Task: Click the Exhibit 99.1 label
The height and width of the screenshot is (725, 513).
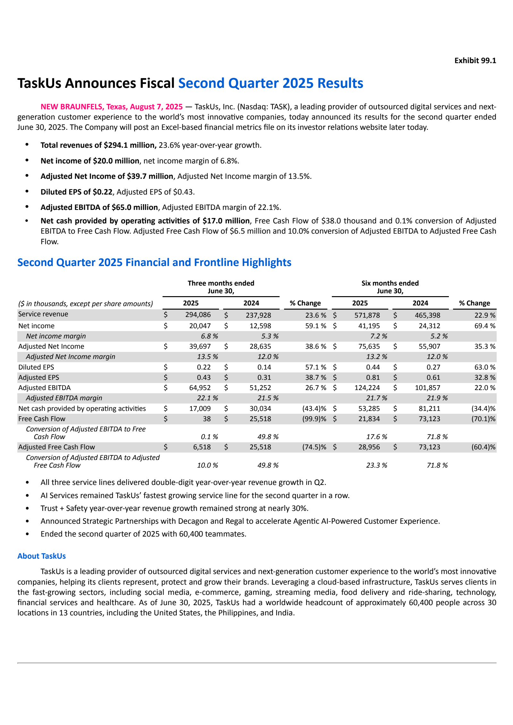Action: pos(475,61)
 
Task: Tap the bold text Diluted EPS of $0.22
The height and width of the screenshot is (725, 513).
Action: pos(76,192)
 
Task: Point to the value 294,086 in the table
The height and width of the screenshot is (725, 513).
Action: pos(198,315)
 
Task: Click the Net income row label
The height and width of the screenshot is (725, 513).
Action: pos(36,326)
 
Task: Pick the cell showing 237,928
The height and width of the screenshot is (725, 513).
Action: pos(258,315)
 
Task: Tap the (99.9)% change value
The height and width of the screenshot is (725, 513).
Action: pos(314,419)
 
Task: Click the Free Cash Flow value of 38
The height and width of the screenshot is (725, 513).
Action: pos(206,419)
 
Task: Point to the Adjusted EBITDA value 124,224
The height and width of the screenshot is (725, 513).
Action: pos(367,388)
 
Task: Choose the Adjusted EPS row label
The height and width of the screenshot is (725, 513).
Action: pos(38,378)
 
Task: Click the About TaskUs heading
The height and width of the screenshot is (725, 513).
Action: pos(41,556)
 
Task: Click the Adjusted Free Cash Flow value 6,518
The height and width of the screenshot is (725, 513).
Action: pos(202,447)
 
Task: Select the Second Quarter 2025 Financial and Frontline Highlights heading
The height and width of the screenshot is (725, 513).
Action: pos(154,262)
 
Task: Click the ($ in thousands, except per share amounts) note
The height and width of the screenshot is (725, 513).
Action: pos(85,304)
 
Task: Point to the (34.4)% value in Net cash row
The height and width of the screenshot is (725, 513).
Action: pos(483,409)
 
